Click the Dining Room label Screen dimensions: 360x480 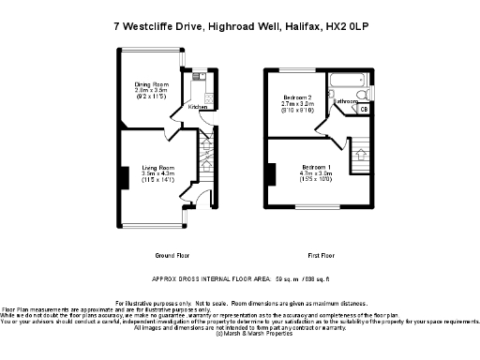[150, 84]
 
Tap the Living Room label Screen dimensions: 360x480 [150, 166]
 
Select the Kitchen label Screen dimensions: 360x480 [198, 107]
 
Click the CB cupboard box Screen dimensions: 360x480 [364, 110]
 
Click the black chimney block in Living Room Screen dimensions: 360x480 [122, 175]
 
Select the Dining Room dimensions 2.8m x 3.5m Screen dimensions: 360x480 [150, 91]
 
